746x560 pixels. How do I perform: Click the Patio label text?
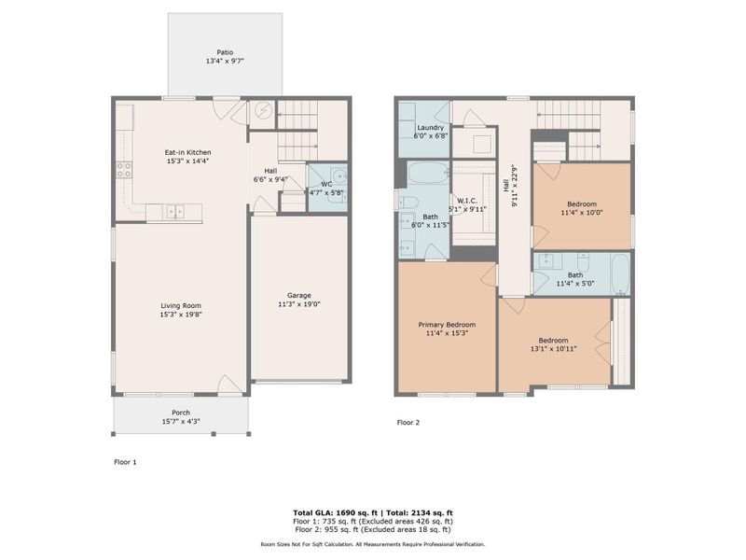[225, 52]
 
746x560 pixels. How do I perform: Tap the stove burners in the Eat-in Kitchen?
[123, 170]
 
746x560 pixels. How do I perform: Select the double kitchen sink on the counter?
[175, 213]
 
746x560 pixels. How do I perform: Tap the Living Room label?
[181, 305]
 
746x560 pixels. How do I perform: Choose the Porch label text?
[181, 413]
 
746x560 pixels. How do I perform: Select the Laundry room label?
[430, 126]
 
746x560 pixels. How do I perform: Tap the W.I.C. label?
[467, 200]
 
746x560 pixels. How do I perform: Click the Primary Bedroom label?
[445, 324]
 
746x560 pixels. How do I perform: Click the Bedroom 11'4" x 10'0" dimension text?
[582, 212]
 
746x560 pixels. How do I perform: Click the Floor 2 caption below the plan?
[408, 423]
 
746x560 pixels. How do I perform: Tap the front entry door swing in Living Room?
[228, 385]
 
